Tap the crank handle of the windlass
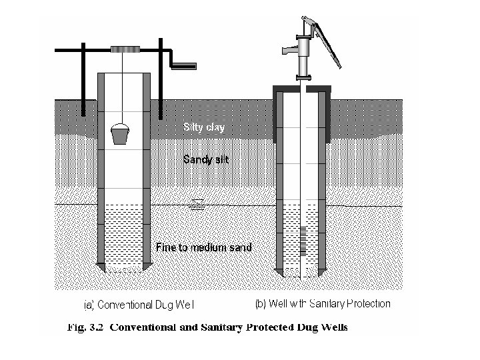point(184,65)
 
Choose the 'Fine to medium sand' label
point(204,247)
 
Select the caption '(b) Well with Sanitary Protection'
point(323,304)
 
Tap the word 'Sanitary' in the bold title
point(229,327)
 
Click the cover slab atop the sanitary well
point(304,87)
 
